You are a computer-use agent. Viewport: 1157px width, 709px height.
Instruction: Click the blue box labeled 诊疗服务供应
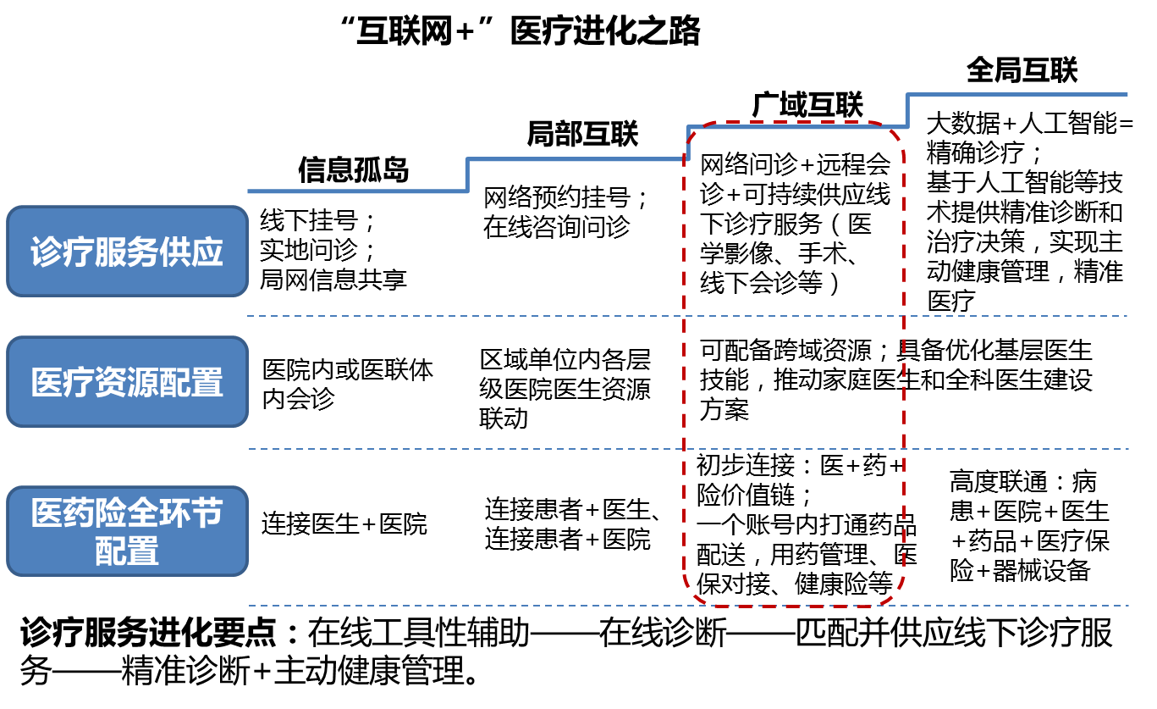tap(127, 252)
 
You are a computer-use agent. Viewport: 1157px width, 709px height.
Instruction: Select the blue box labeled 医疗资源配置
tap(127, 382)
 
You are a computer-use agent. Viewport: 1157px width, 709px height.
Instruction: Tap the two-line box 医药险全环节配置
tap(127, 531)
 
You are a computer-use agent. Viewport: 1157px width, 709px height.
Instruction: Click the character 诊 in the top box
tap(47, 252)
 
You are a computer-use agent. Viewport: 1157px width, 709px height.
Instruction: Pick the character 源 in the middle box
tap(143, 383)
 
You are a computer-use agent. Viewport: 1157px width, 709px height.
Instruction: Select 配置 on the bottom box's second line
tap(127, 551)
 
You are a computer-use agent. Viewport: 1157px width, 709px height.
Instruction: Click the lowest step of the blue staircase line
tap(355, 191)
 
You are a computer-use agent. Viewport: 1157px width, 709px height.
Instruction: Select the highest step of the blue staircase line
tap(1016, 94)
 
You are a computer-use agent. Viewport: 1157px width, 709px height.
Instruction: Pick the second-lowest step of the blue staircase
tap(576, 159)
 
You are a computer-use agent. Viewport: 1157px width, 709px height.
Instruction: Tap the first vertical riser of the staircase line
tap(467, 175)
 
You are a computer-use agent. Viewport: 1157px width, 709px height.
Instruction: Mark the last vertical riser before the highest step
tap(907, 111)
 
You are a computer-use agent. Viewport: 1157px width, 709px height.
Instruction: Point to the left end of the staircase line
tap(249, 191)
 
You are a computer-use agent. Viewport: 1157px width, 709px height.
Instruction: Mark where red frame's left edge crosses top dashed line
tap(684, 316)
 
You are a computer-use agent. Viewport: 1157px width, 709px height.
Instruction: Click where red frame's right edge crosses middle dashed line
tap(904, 449)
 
